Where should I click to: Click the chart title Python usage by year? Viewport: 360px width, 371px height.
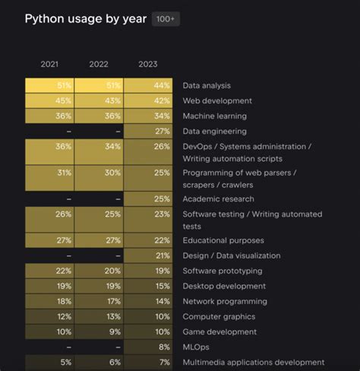click(x=85, y=18)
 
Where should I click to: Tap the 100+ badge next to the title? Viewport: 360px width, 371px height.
click(x=166, y=19)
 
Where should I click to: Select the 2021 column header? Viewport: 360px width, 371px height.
click(x=50, y=64)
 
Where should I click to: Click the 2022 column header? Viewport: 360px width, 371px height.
click(x=99, y=64)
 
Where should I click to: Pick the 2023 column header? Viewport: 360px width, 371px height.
click(x=148, y=64)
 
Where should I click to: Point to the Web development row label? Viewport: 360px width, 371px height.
click(x=216, y=101)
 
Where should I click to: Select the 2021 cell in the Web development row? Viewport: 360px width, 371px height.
click(x=50, y=101)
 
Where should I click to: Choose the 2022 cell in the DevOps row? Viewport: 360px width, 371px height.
click(x=99, y=147)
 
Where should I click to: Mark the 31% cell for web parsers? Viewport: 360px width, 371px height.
click(x=50, y=173)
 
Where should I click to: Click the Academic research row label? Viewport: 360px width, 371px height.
click(x=219, y=199)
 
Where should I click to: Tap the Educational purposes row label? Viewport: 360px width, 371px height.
click(x=223, y=240)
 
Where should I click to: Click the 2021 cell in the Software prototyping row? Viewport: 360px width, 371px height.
click(x=50, y=271)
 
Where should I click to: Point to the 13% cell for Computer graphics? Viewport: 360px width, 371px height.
click(x=99, y=316)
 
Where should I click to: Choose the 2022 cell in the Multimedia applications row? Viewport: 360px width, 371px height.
click(x=99, y=362)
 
